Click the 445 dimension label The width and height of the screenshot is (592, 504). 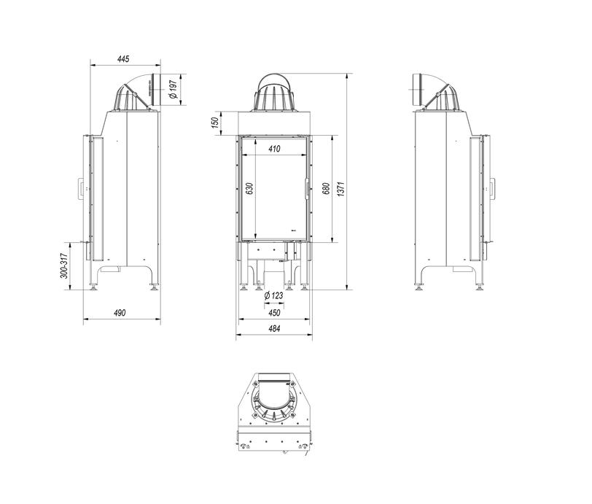[123, 59]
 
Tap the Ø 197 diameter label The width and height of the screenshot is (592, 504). [174, 89]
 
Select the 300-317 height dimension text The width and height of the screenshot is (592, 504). [64, 265]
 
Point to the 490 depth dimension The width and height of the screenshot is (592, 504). [120, 313]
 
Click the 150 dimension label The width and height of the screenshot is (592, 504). [215, 123]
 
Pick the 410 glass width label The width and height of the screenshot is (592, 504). [274, 149]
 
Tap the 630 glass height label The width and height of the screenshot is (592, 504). [249, 188]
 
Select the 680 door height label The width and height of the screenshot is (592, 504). [326, 188]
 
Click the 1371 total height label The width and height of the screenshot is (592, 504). [341, 189]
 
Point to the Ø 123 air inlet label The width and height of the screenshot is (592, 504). [273, 295]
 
